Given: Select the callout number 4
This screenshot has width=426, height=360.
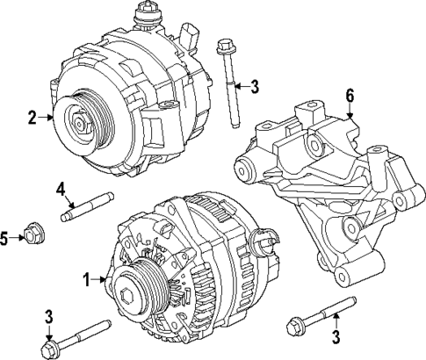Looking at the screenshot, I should (x=61, y=188).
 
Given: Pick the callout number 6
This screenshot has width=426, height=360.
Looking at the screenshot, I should (x=350, y=95).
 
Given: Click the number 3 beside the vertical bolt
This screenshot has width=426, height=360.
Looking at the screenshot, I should (x=255, y=85).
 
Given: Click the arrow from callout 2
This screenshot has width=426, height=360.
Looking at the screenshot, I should (x=48, y=116).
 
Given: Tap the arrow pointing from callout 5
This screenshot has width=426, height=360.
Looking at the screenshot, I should (x=18, y=236).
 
